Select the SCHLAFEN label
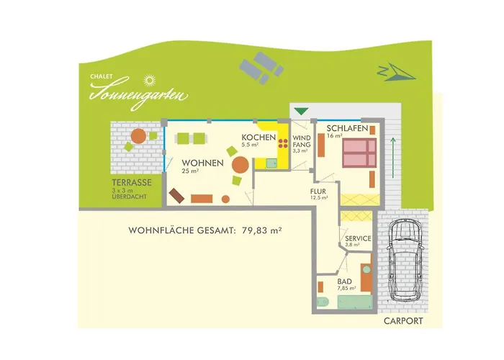(x=347, y=127)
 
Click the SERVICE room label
(x=358, y=238)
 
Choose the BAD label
(x=345, y=281)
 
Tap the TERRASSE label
(x=130, y=183)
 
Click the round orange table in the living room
(x=240, y=165)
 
